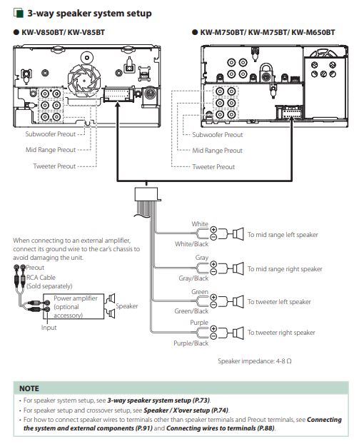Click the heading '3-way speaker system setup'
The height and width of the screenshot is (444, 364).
click(89, 14)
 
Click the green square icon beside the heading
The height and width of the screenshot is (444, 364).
click(19, 13)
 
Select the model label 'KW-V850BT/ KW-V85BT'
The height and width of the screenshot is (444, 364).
click(63, 32)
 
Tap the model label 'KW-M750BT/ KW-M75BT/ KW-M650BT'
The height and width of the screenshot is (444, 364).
click(268, 32)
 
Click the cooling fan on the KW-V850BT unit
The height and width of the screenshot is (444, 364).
click(84, 80)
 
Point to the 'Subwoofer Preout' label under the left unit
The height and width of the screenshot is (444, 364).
click(51, 134)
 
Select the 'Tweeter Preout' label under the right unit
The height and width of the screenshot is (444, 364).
click(213, 167)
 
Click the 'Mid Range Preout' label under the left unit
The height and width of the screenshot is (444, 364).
click(51, 150)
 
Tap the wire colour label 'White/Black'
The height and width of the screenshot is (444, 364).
click(191, 244)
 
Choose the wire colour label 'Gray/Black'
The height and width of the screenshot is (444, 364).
click(193, 278)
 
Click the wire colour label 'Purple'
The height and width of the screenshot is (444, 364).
click(199, 323)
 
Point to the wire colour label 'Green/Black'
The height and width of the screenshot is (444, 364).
click(191, 311)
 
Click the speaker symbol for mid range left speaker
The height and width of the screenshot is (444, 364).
click(238, 234)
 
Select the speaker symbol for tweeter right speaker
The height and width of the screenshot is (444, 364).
click(238, 333)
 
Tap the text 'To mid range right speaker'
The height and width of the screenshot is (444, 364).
click(285, 269)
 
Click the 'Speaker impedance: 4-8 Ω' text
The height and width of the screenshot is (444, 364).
click(255, 361)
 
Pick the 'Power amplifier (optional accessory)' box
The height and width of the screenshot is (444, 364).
click(74, 307)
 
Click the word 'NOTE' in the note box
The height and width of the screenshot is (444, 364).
click(29, 388)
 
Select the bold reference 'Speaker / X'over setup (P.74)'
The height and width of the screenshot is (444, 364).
click(186, 410)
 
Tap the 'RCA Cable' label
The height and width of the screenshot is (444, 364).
click(41, 278)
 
